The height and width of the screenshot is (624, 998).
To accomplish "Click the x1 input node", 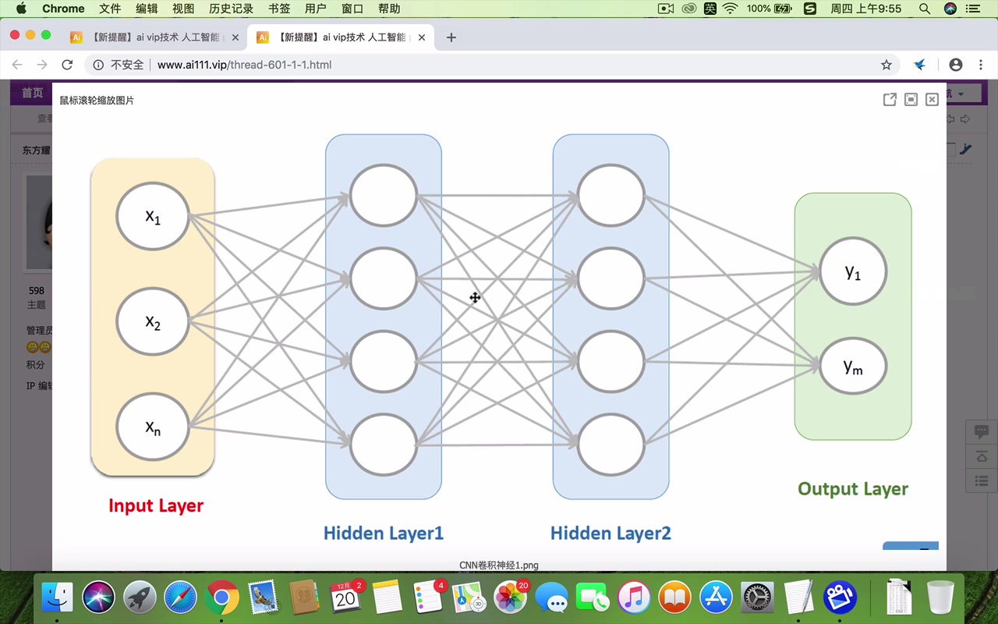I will point(153,216).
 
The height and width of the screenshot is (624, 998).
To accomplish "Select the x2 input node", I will point(153,321).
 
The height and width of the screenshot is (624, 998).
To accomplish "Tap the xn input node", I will point(153,427).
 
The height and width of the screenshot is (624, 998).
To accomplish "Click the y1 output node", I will point(853,271).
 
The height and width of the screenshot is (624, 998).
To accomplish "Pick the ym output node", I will point(853,367).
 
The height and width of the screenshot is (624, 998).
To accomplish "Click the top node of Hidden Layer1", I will point(384,195).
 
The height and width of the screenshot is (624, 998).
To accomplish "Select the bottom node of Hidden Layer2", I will point(611,445).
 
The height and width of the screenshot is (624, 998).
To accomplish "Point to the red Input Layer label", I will point(156,505).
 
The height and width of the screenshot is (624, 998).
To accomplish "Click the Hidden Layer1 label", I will point(384,534).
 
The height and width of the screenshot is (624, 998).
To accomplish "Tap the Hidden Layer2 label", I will point(610,534).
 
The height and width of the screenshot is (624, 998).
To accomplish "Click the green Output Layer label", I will point(853,489).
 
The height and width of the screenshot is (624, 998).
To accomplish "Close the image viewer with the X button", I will point(932,100).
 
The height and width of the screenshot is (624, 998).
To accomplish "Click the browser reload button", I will point(67,65).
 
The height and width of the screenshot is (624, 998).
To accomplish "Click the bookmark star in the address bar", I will point(887,65).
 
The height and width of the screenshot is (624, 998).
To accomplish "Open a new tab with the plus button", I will point(451,37).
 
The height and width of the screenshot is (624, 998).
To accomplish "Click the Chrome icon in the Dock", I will point(221,598).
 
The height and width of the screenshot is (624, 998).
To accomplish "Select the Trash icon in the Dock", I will point(941,598).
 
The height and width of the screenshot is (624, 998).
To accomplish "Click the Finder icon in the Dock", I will point(57,598).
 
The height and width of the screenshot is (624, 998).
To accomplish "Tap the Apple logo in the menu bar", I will point(21,9).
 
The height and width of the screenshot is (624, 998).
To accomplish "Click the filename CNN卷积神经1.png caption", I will point(499,565).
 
